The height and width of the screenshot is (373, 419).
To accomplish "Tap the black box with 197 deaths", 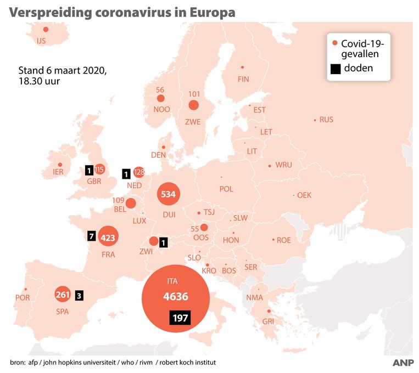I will click(180, 318).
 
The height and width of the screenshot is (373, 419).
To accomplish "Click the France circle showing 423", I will click(108, 238).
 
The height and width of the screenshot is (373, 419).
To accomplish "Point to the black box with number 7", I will click(92, 236).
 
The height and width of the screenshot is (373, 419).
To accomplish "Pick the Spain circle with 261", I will click(63, 295).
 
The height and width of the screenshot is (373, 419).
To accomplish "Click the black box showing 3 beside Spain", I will click(79, 295).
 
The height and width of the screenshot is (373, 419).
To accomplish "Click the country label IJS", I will click(41, 41).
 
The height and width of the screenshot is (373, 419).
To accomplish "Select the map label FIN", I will click(243, 79).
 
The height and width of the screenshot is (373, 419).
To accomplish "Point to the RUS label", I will click(326, 120).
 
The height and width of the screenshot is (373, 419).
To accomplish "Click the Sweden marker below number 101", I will click(194, 105).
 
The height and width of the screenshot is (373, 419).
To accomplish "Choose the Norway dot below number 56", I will click(160, 99).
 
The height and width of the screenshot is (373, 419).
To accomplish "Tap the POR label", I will click(23, 298).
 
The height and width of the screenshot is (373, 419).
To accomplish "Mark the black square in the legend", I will click(334, 69).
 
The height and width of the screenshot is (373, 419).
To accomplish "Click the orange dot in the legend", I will click(334, 43).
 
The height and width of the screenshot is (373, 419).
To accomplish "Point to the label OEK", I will click(304, 195).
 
